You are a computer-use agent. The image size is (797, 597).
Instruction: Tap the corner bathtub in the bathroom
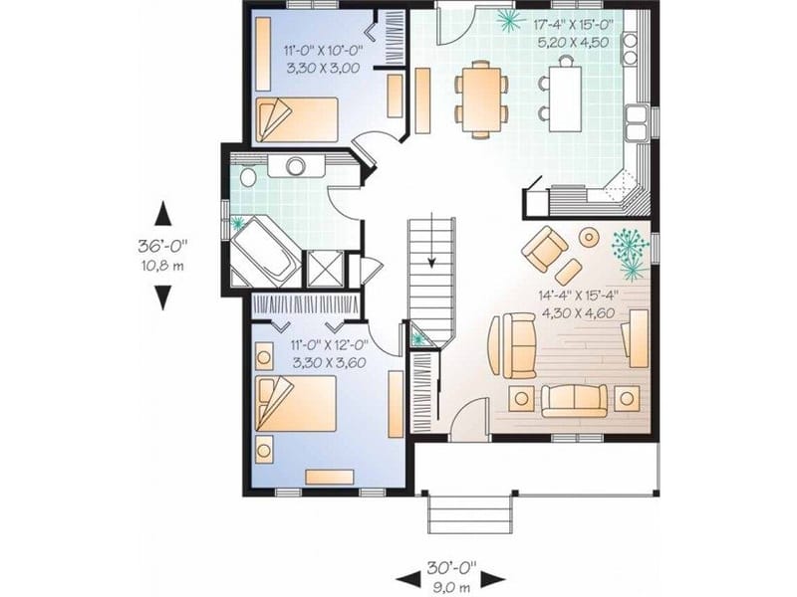coord(262,249)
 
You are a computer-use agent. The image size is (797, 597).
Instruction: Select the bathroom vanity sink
coord(297,166)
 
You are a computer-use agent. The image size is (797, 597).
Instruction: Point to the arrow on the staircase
coord(431,261)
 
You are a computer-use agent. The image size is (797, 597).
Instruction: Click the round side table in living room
coord(590,238)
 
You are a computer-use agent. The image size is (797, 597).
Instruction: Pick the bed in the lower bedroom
coord(296,405)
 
